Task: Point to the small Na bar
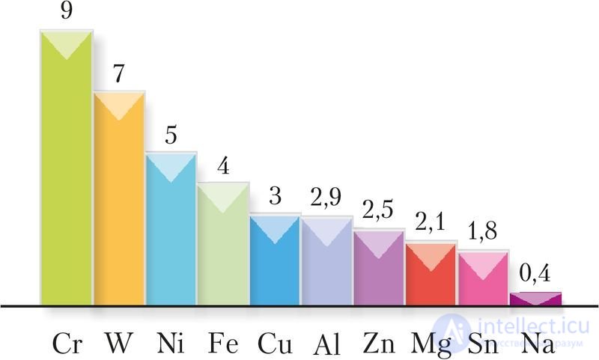coord(535,299)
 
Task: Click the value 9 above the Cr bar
coord(66,12)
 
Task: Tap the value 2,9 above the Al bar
coord(326,199)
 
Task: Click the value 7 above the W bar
coord(118,74)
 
